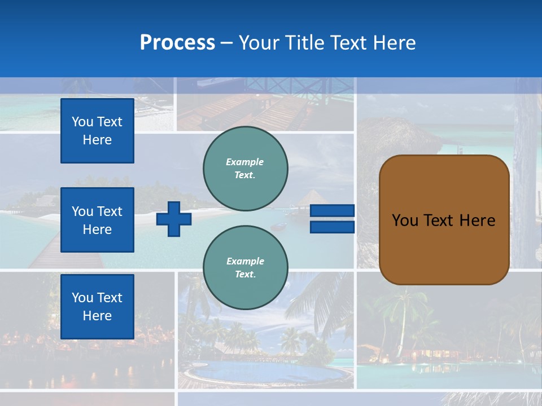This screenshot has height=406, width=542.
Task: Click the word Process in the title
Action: pyautogui.click(x=177, y=43)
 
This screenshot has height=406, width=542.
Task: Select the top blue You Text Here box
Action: pyautogui.click(x=97, y=131)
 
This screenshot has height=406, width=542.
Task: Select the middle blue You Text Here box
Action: pyautogui.click(x=97, y=220)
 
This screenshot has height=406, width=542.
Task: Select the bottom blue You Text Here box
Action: pyautogui.click(x=97, y=306)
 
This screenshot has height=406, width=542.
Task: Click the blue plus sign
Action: pyautogui.click(x=173, y=219)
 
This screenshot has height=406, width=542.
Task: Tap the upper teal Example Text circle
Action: pyautogui.click(x=245, y=168)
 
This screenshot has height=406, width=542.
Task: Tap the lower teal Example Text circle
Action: pyautogui.click(x=245, y=267)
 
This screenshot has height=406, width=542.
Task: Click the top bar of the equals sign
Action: pyautogui.click(x=332, y=211)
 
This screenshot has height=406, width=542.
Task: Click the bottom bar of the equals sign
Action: pyautogui.click(x=332, y=227)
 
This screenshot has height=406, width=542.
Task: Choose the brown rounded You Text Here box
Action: pyautogui.click(x=444, y=220)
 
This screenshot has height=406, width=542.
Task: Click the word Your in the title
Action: pyautogui.click(x=258, y=43)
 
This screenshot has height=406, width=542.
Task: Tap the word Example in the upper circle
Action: pyautogui.click(x=244, y=162)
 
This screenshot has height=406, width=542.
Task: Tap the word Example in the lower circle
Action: pyautogui.click(x=245, y=261)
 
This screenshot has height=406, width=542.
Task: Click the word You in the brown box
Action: pyautogui.click(x=405, y=220)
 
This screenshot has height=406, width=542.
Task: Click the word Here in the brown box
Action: pyautogui.click(x=477, y=220)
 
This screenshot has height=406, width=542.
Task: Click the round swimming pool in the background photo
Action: pyautogui.click(x=265, y=372)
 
